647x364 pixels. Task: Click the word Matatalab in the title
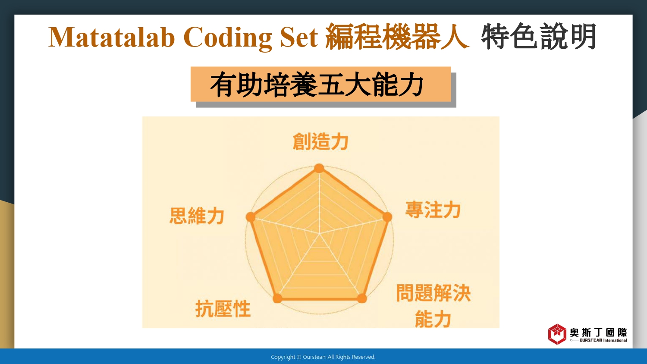(111, 37)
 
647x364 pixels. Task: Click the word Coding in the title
(228, 38)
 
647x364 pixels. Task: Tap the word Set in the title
(299, 37)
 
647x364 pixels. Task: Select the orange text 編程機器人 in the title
(397, 36)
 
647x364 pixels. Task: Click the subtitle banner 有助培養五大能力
(320, 84)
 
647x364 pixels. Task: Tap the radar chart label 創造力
(320, 141)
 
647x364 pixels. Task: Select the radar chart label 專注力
(433, 210)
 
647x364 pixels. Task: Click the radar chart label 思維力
(197, 216)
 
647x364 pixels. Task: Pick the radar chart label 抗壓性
(223, 308)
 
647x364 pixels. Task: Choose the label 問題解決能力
(433, 306)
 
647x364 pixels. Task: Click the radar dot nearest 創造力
(319, 168)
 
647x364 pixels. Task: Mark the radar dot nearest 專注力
(387, 217)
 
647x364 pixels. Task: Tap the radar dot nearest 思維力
(251, 217)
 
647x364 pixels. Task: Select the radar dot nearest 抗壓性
(277, 298)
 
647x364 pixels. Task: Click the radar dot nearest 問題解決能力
(362, 298)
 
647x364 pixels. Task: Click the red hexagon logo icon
(557, 334)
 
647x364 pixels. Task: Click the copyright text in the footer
(323, 357)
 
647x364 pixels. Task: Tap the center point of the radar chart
(320, 234)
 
